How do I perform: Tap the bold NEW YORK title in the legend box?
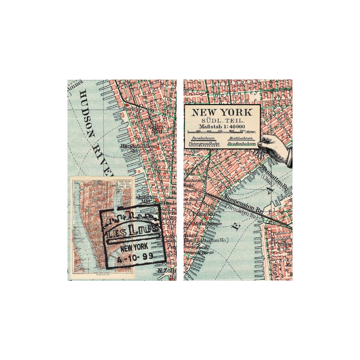[x=222, y=112]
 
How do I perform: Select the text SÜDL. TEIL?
[x=222, y=120]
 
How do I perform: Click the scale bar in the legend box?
[x=222, y=131]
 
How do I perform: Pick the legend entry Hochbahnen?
[x=240, y=138]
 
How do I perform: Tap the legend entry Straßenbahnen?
[x=242, y=144]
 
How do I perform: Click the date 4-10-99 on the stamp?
[x=135, y=256]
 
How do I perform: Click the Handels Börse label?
[x=139, y=146]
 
